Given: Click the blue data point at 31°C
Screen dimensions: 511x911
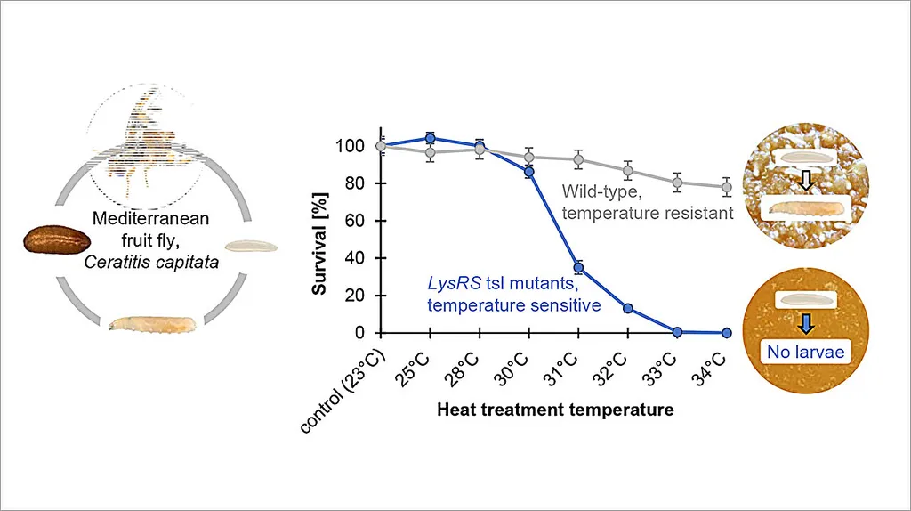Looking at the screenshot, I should pos(578,267).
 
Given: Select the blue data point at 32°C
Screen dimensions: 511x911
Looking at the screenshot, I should pos(628,308).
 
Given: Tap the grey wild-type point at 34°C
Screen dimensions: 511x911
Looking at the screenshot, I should pos(727,187).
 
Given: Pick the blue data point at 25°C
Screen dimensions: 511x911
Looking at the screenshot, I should pos(431,139).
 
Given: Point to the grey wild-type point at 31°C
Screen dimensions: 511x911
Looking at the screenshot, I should pos(578,160).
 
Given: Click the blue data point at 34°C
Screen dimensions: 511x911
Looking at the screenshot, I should pos(727,333).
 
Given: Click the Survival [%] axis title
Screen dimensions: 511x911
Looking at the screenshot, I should pos(321,239).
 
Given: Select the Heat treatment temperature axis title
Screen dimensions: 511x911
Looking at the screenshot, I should pos(555,410).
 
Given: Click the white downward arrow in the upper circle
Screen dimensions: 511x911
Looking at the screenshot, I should pos(804,182).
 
